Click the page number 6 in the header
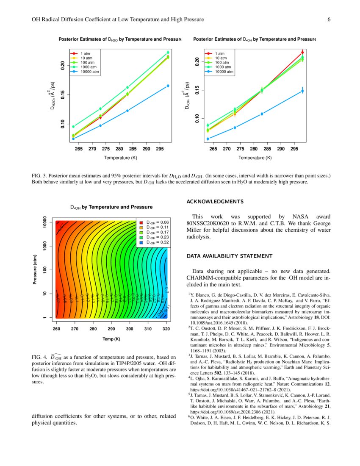tap(329, 19)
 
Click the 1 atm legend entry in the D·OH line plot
tap(219, 54)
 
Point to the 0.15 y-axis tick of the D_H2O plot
tap(63, 94)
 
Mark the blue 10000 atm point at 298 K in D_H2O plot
tap(168, 86)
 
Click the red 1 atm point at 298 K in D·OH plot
tap(302, 53)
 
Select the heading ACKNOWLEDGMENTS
tap(215, 201)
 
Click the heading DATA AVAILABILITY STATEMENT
tap(229, 256)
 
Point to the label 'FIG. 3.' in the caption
tap(41, 175)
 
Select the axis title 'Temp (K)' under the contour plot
tap(111, 339)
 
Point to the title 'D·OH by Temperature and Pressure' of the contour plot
tap(111, 207)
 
